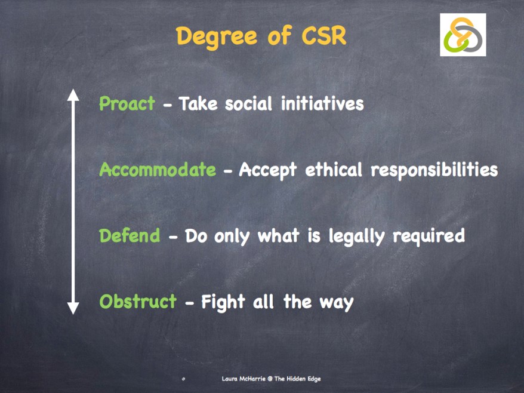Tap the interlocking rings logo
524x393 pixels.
click(463, 35)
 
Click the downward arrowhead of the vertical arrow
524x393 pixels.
click(73, 308)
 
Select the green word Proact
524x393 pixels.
click(127, 104)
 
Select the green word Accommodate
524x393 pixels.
click(158, 170)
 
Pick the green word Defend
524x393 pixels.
click(130, 236)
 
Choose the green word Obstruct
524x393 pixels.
click(138, 302)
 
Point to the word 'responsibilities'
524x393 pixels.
click(434, 170)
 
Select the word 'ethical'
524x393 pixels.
click(334, 170)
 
